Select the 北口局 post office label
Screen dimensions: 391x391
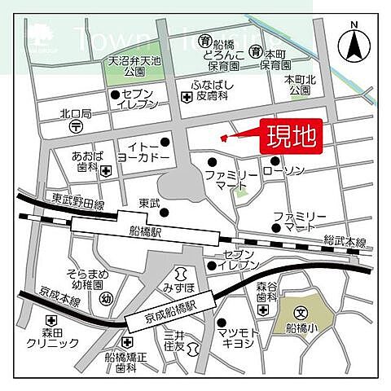(76, 113)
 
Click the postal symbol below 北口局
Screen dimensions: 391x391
(76, 127)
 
